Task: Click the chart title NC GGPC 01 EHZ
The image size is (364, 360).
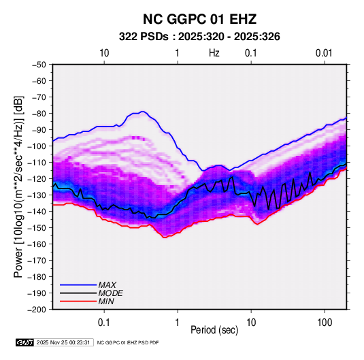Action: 199,19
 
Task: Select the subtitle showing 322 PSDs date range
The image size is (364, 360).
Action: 199,37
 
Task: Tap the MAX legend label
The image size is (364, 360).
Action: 107,284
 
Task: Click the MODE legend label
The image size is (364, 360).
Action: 110,293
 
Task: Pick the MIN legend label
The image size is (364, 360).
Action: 106,301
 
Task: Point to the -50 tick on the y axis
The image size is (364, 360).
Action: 39,65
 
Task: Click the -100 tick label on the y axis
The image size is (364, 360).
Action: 37,146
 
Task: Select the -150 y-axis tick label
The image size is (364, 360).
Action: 37,227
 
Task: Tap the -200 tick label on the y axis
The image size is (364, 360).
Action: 37,310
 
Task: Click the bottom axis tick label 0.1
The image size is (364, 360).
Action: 104,322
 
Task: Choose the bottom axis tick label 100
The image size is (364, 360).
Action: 325,322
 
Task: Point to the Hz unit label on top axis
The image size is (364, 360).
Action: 214,53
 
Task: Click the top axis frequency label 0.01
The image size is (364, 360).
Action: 324,53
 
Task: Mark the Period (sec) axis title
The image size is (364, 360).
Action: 214,330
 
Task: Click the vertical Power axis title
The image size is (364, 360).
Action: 18,186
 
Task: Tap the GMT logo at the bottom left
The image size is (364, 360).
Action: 24,342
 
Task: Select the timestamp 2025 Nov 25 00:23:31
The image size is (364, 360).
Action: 63,342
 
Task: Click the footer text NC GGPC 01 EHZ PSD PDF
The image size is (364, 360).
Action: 128,342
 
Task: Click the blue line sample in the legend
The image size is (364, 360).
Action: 78,285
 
